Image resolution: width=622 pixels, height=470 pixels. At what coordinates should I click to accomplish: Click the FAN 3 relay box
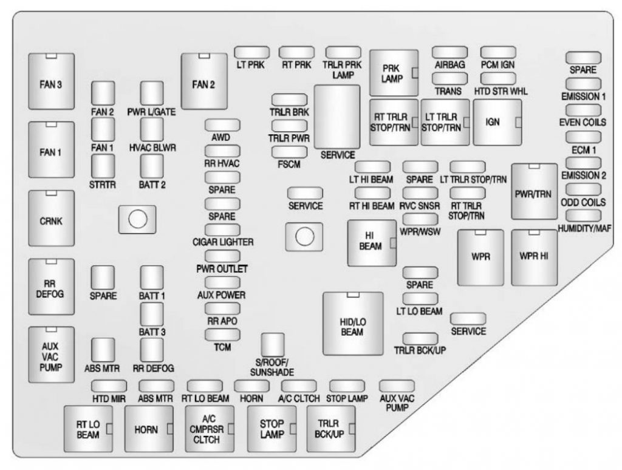(51, 81)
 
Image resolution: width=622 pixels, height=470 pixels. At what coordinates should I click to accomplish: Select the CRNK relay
(51, 218)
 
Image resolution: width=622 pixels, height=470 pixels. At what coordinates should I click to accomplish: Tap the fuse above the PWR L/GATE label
(152, 93)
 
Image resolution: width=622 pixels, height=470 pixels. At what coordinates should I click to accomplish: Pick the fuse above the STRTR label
(103, 166)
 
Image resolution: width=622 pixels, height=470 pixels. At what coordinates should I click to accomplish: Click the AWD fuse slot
(222, 125)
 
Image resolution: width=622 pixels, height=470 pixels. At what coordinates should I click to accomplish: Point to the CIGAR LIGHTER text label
(223, 242)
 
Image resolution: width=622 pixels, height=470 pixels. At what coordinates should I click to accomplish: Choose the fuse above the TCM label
(222, 335)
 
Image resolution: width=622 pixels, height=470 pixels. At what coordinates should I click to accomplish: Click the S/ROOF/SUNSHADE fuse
(273, 345)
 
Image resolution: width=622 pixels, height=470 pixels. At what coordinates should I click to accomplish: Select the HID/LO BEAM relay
(353, 324)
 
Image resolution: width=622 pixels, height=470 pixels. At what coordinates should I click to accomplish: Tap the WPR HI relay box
(535, 257)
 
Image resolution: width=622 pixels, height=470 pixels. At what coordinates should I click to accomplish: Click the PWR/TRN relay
(535, 191)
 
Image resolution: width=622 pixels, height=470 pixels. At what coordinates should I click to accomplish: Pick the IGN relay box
(497, 123)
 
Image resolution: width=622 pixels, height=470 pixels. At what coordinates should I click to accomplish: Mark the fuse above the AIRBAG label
(450, 52)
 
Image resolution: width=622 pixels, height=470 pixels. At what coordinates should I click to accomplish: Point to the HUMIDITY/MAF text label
(584, 228)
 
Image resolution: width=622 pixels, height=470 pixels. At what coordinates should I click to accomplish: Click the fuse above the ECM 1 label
(583, 137)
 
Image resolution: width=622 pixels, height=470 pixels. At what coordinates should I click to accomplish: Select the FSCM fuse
(290, 152)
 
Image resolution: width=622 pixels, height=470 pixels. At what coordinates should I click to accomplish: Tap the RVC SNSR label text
(419, 206)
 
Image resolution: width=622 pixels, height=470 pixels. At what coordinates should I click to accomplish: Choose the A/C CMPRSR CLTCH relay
(210, 429)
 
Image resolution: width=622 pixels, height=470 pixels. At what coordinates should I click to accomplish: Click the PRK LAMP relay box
(394, 73)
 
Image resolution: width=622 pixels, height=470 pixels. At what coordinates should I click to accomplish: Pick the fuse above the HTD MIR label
(109, 386)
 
